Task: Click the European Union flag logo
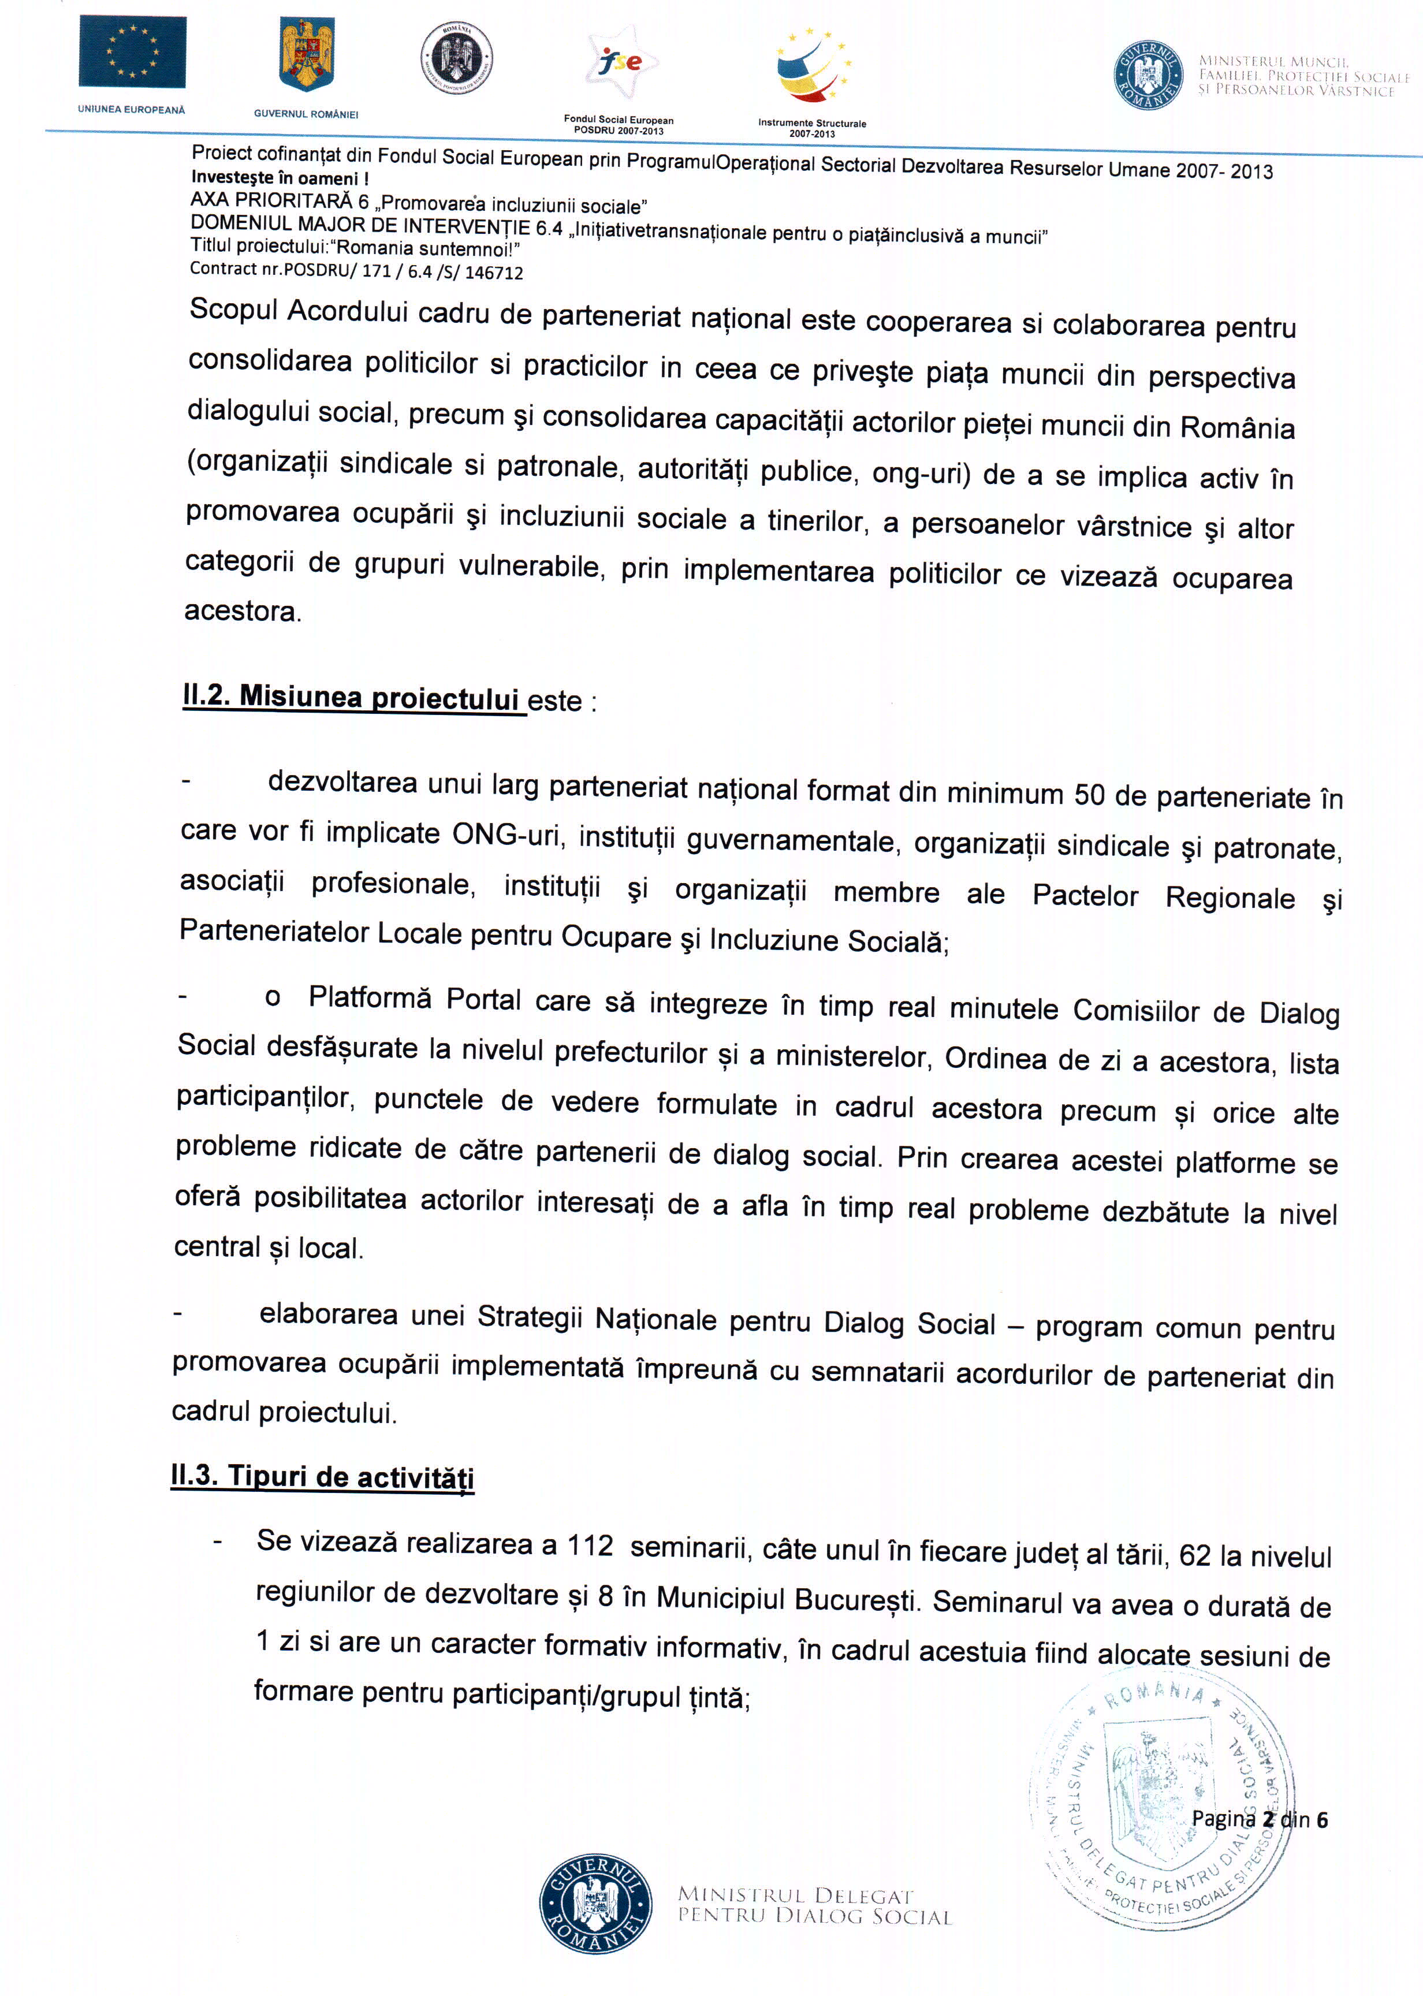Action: coord(132,52)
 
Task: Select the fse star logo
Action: coord(622,61)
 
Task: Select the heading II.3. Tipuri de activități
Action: coord(322,1476)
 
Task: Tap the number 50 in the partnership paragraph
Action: coord(1089,794)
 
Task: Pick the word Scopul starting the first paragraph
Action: coord(233,310)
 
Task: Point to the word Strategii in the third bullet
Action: coord(529,1317)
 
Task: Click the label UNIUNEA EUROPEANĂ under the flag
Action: coord(132,110)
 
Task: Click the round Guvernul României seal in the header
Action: coord(1148,73)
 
